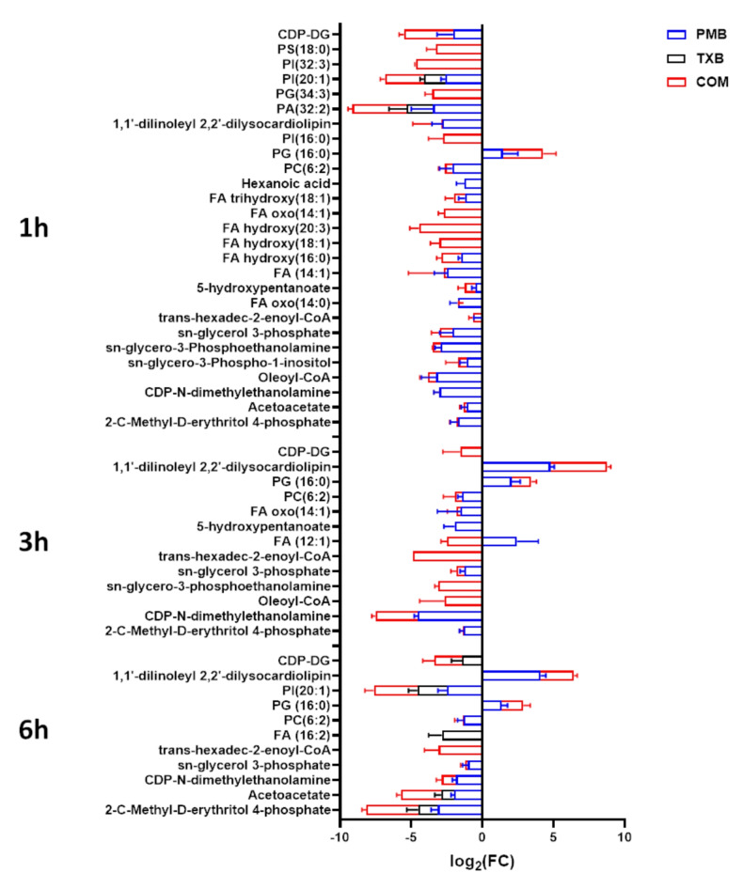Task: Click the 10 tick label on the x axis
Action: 624,837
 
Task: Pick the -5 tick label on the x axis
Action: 410,837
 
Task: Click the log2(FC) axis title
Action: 482,861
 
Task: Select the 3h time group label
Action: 45,543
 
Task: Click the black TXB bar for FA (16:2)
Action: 462,735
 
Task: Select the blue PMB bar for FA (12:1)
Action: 498,541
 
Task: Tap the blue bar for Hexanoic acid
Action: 473,183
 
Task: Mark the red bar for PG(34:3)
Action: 457,94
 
